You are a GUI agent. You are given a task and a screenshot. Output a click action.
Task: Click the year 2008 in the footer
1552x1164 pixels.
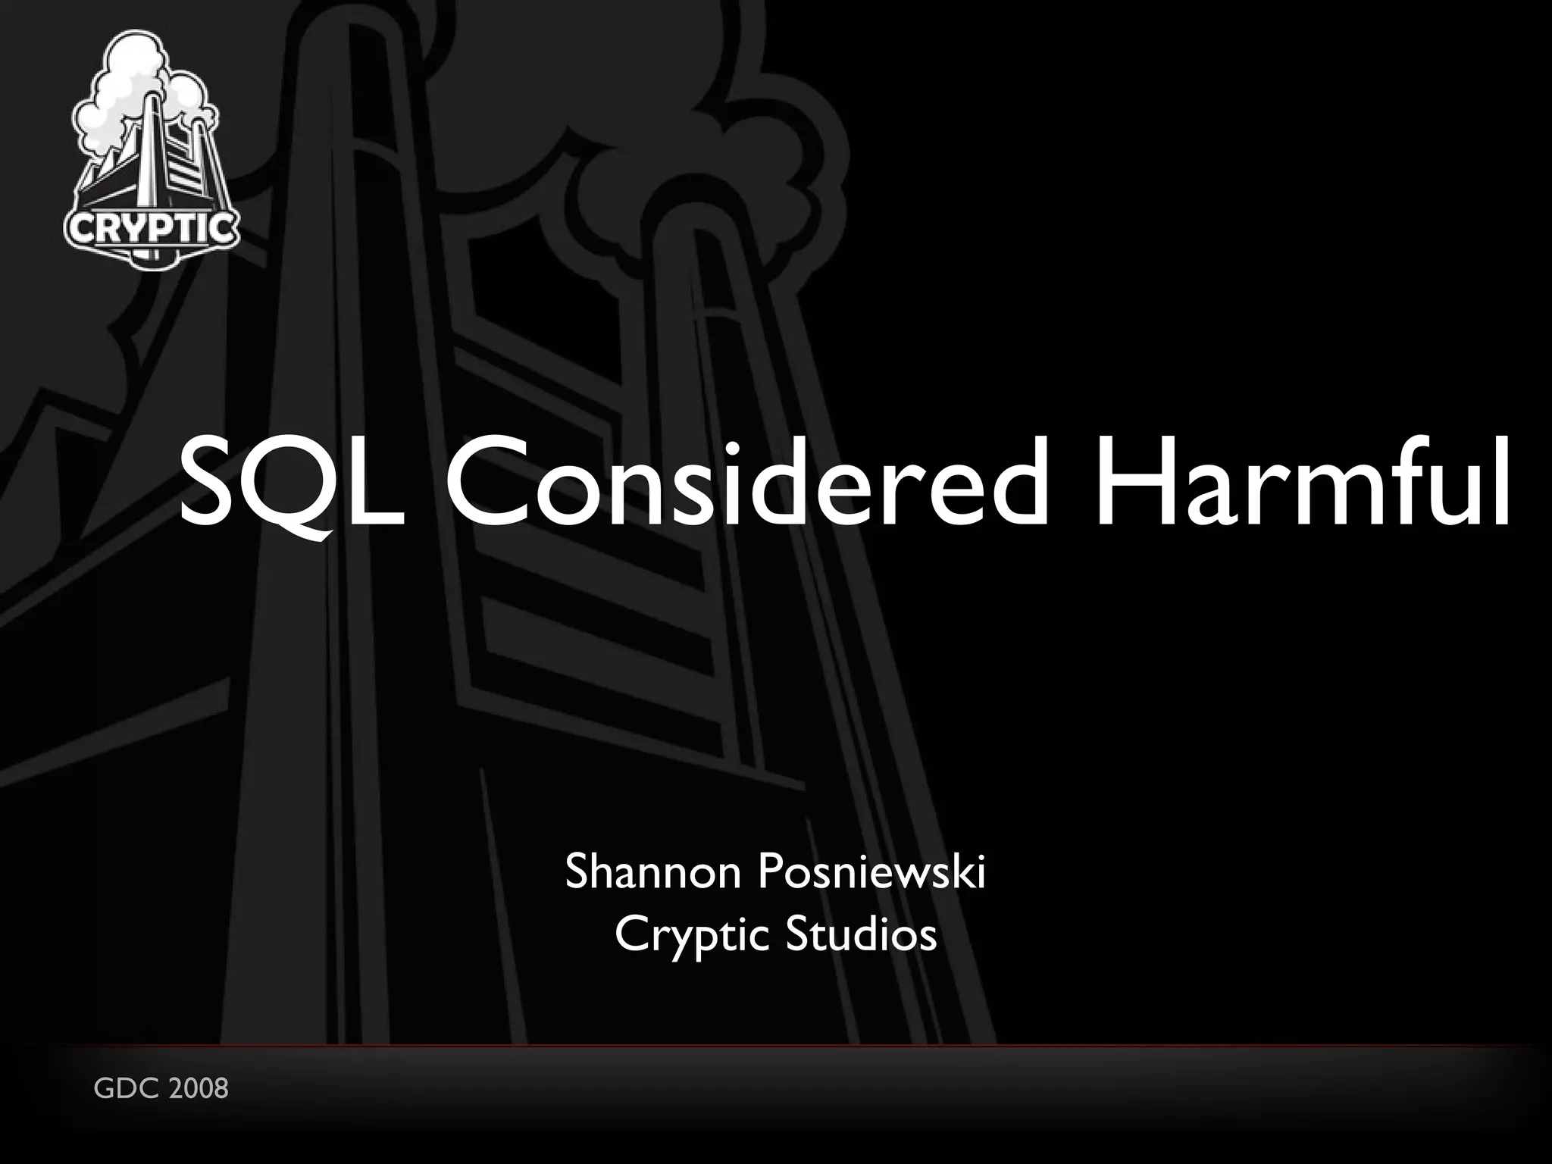[x=199, y=1089]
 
